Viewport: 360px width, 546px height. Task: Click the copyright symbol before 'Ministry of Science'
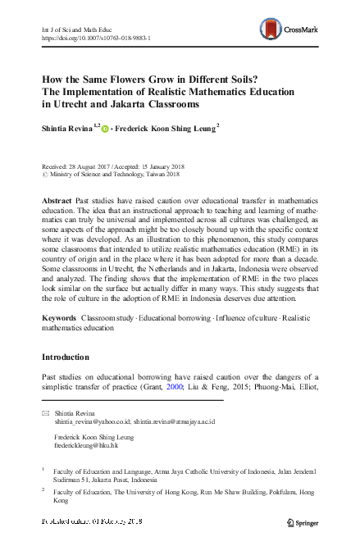tap(44, 175)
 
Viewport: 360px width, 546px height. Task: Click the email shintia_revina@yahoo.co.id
tap(90, 423)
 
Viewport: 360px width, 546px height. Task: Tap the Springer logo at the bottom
tap(308, 522)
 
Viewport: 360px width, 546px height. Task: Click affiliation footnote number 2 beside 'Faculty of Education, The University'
tap(43, 490)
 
